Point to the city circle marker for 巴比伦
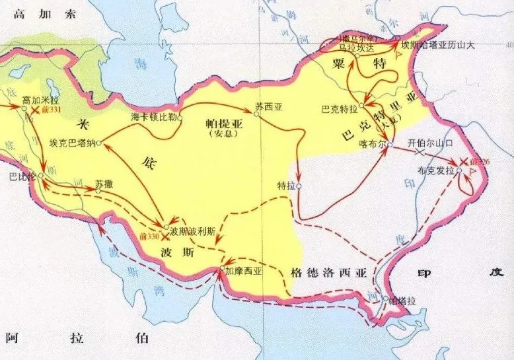pos(41,176)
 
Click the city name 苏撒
pos(104,183)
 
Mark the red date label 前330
pos(149,236)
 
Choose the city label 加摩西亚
pos(243,271)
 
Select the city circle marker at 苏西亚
pos(257,114)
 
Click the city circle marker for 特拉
pos(299,186)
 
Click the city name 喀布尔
pos(371,145)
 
